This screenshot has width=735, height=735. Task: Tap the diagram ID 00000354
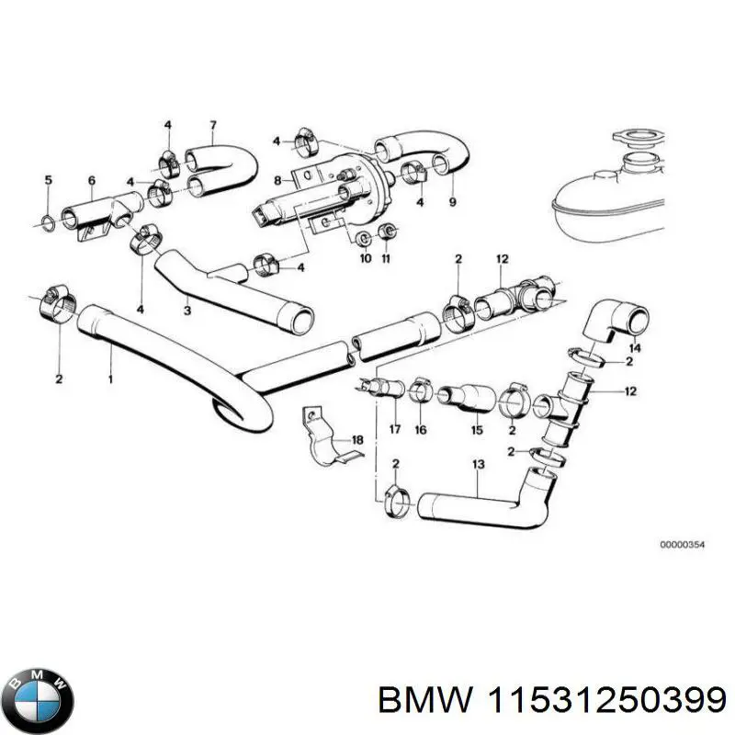point(682,546)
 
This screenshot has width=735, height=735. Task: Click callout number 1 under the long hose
point(111,378)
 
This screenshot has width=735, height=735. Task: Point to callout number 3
point(187,312)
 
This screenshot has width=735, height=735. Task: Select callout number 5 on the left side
point(49,179)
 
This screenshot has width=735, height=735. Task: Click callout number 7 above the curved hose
point(212,125)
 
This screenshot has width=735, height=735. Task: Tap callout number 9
point(451,201)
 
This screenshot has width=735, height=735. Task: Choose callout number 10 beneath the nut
point(365,260)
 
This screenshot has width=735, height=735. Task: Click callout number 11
point(387,260)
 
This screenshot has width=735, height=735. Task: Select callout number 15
point(477,429)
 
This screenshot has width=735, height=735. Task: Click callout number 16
point(422,429)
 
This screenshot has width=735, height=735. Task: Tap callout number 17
point(394,429)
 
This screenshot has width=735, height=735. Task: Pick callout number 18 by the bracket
point(357,440)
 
